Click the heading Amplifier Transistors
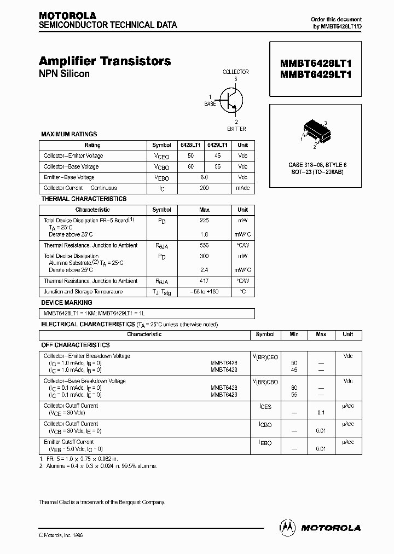[105, 61]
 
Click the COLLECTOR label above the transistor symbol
[235, 72]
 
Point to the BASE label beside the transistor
[210, 103]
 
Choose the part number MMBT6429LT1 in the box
[315, 76]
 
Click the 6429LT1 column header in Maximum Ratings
[218, 146]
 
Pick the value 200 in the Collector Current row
[204, 188]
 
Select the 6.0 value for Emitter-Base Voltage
[204, 177]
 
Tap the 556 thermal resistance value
[204, 246]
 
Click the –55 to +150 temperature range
[204, 292]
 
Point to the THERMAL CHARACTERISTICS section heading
[84, 199]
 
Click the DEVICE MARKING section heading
[67, 303]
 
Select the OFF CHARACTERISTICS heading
[76, 345]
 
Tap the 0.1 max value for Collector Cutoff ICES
[321, 413]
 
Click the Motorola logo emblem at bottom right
[286, 527]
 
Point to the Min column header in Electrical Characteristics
[294, 334]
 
